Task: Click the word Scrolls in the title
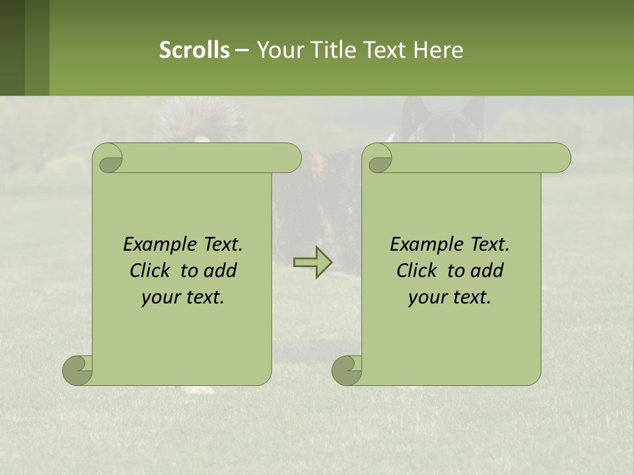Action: click(194, 50)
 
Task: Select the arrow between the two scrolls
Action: click(312, 263)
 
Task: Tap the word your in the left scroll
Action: click(159, 298)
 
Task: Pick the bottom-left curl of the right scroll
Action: click(347, 370)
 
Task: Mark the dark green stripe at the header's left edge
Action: click(12, 47)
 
